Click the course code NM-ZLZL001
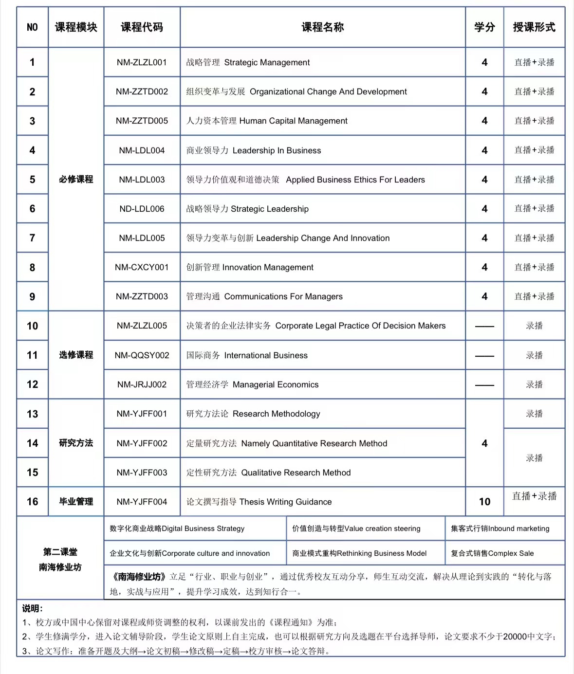142,62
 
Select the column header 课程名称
322,27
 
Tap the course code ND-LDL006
142,209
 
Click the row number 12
32,384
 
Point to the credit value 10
484,502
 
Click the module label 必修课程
76,179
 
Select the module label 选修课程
76,355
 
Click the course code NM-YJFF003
142,473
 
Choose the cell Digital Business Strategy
177,528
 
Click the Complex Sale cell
492,553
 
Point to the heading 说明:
32,608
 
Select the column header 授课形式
534,27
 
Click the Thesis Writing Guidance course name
259,502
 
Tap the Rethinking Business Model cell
359,553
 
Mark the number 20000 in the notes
514,637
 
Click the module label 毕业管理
76,502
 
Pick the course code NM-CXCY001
142,267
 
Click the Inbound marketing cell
500,528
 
